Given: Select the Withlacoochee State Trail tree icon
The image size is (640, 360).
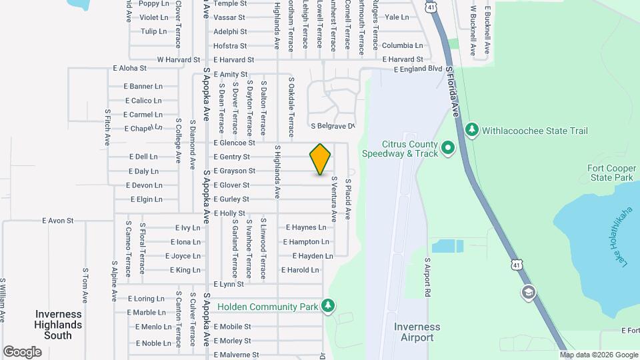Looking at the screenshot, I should [x=472, y=129].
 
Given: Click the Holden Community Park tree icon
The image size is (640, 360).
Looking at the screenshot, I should [x=327, y=306].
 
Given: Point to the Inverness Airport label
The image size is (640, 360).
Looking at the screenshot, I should [x=417, y=332].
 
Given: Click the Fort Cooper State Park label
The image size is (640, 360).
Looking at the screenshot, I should [x=609, y=173].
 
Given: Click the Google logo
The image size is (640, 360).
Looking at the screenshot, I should [x=22, y=351].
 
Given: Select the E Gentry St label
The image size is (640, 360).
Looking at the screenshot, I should [x=231, y=157].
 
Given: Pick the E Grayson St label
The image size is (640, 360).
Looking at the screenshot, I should [x=234, y=171].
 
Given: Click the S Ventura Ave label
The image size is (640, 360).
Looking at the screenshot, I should [x=333, y=199].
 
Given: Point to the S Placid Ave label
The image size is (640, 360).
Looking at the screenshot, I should [x=347, y=199].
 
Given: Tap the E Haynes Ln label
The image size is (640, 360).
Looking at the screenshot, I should [x=305, y=227].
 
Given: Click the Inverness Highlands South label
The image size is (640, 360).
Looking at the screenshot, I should [x=59, y=325].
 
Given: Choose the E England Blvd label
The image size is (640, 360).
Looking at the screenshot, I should [x=418, y=69].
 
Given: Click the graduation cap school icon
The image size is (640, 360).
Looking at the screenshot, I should [x=528, y=293].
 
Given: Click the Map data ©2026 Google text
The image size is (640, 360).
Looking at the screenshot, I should [x=599, y=355].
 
